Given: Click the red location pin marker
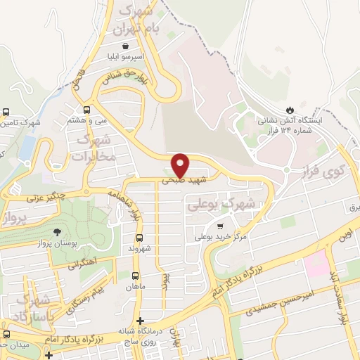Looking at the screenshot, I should (x=181, y=165).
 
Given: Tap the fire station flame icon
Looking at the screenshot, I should (x=290, y=110).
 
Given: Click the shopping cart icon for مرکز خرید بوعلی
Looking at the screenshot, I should (x=220, y=226).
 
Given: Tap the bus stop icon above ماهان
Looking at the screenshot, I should (x=133, y=275).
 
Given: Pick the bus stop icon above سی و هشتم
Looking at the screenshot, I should (x=86, y=110).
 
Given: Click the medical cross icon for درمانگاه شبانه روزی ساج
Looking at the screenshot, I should (x=140, y=320).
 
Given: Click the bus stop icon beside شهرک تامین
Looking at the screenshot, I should (x=6, y=112).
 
